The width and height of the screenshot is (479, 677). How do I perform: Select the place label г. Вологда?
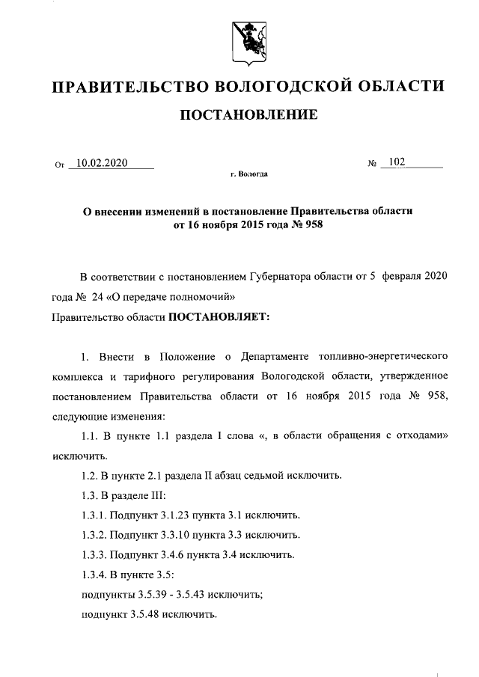click(248, 174)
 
